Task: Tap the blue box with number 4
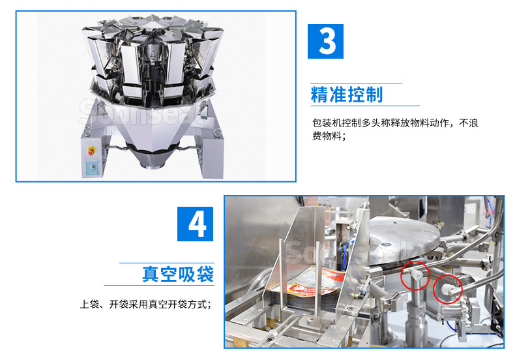click(196, 223)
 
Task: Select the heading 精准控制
click(346, 95)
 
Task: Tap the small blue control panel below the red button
click(91, 167)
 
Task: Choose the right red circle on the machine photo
click(447, 288)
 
